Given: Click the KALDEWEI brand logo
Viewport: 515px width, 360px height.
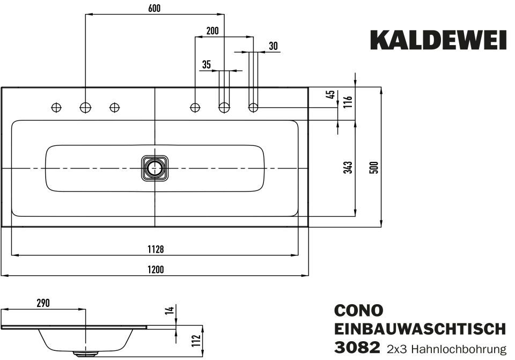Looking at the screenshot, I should (x=438, y=41).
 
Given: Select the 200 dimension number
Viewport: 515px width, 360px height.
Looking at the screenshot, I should (x=212, y=31).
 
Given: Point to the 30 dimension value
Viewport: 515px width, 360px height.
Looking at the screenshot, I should (x=273, y=46).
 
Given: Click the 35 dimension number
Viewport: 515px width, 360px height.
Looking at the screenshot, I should (x=207, y=65).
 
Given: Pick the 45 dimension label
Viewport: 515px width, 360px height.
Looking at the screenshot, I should (x=331, y=94).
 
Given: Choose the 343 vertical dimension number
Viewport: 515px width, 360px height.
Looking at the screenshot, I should (x=347, y=167).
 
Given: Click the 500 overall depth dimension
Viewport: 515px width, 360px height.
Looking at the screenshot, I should (x=375, y=167).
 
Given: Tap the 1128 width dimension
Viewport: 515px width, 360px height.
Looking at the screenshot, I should (x=155, y=249).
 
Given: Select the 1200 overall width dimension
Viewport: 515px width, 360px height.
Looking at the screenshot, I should (x=155, y=269).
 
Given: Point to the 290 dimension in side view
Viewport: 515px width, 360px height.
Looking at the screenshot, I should (x=43, y=303).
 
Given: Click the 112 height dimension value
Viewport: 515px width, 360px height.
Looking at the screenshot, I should (x=195, y=340).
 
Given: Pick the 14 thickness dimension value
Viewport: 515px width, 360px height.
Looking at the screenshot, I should (x=168, y=310).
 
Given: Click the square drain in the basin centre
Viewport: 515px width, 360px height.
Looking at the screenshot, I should (x=155, y=168).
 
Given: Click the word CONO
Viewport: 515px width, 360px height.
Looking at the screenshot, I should (x=358, y=311).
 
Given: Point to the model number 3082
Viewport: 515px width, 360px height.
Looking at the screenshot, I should (x=357, y=348).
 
